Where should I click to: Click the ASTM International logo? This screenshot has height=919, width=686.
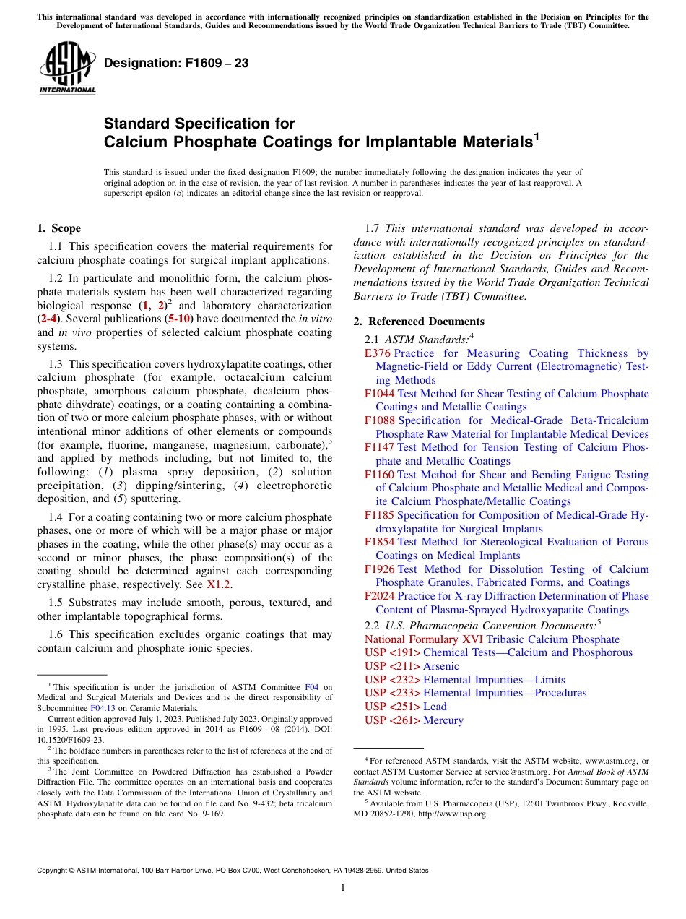pyautogui.click(x=67, y=69)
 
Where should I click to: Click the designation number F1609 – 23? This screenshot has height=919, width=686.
pyautogui.click(x=176, y=64)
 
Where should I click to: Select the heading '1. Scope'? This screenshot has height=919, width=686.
pyautogui.click(x=59, y=228)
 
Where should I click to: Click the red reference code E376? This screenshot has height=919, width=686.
pyautogui.click(x=378, y=353)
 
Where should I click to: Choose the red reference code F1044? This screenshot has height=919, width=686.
pyautogui.click(x=379, y=394)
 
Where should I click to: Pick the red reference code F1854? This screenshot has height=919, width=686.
pyautogui.click(x=379, y=542)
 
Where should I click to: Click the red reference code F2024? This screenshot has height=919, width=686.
pyautogui.click(x=379, y=596)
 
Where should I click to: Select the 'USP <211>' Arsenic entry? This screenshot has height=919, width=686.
pyautogui.click(x=412, y=666)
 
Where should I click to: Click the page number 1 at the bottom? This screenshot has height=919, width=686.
pyautogui.click(x=343, y=887)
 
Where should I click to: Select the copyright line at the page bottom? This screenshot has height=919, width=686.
pyautogui.click(x=233, y=871)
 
